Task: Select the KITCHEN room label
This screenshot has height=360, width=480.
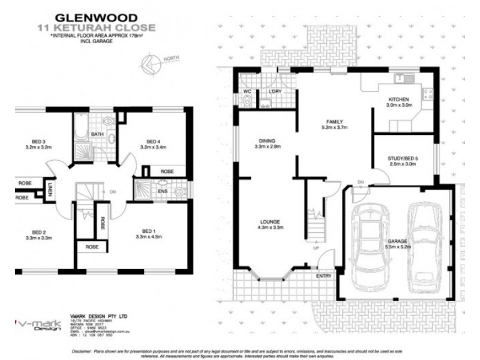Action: pyautogui.click(x=398, y=99)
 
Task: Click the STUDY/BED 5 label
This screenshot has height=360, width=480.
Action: pyautogui.click(x=403, y=158)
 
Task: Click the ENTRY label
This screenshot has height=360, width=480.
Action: pyautogui.click(x=324, y=276)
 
